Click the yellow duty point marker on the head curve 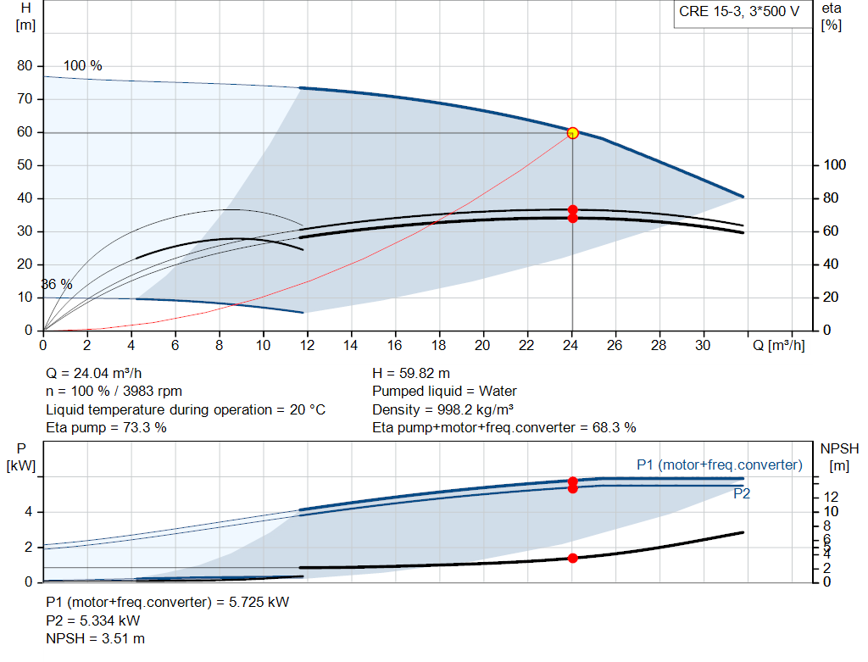click(572, 132)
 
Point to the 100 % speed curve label click(82, 66)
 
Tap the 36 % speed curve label click(57, 285)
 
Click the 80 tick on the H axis click(25, 66)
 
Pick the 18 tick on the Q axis click(439, 346)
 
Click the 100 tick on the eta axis click(836, 165)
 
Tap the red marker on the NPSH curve click(572, 558)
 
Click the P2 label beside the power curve click(742, 494)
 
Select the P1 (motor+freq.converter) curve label click(719, 465)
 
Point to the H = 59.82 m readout click(411, 373)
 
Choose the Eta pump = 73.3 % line click(106, 427)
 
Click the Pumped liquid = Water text click(444, 392)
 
